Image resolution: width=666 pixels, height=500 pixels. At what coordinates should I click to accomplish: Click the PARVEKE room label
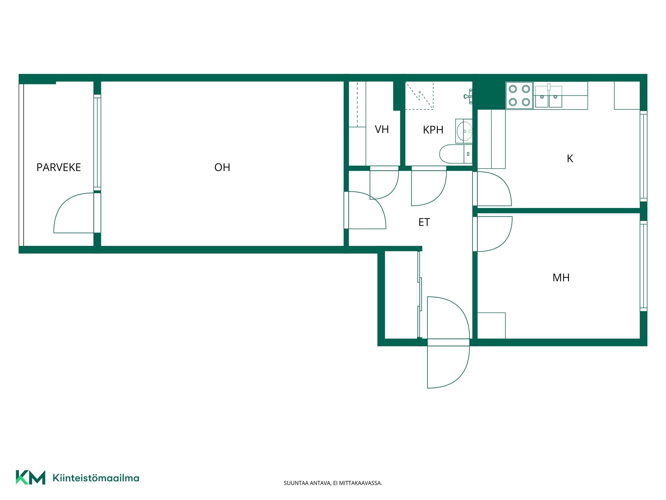click(59, 167)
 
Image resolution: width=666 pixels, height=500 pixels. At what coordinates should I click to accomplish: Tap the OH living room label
click(222, 167)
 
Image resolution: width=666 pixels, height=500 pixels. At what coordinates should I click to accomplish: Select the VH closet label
click(382, 130)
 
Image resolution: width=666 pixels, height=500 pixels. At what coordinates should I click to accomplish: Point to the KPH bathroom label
click(433, 130)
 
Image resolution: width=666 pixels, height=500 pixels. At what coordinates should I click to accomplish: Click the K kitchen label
click(570, 159)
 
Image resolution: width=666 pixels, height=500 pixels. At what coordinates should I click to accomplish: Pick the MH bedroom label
click(561, 278)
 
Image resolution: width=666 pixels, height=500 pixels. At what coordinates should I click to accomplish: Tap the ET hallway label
click(424, 222)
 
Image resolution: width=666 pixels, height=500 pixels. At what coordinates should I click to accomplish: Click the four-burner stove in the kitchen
click(519, 95)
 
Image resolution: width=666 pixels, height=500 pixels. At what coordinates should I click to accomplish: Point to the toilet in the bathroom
click(455, 154)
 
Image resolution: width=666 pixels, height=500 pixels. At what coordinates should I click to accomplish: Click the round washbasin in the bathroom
click(464, 131)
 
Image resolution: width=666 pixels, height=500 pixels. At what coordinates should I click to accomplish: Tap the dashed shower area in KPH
click(419, 95)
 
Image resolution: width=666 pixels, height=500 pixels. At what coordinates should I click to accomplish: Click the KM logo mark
click(31, 477)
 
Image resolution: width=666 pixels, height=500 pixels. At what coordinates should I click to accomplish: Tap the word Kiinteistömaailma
click(96, 478)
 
